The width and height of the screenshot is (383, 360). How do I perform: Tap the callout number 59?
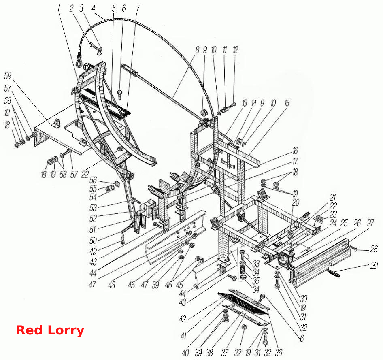coord(8,76)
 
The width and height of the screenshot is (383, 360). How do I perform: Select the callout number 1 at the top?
coord(58,9)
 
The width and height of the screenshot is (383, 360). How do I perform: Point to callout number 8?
coord(197,50)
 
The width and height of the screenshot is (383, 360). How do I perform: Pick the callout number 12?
coord(235,50)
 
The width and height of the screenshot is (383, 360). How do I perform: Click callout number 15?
coord(287,103)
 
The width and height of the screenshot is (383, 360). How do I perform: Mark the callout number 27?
coord(370,223)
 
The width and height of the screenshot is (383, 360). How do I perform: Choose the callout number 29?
coord(374,266)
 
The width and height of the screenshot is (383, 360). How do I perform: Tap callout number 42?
coord(183,319)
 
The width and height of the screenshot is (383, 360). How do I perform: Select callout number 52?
coord(93,218)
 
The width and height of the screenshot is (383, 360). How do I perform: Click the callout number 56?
coord(93,181)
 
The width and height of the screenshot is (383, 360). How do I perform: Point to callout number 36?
coord(279,353)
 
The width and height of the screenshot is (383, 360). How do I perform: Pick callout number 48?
coord(112,285)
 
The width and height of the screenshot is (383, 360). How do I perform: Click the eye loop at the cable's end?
coord(79,61)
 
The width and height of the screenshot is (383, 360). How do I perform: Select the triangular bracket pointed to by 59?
coord(56,123)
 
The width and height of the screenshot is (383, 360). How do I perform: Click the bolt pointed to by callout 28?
coord(353,248)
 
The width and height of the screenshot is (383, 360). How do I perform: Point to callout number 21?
coord(333,198)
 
